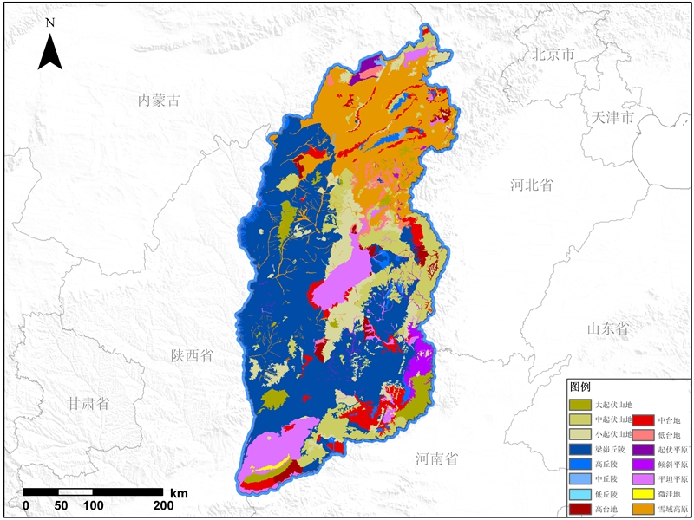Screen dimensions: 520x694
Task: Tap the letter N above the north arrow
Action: tap(50, 22)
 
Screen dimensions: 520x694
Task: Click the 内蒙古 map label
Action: tap(160, 101)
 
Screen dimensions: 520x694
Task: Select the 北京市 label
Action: tap(554, 55)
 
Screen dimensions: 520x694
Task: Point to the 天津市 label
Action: tap(613, 117)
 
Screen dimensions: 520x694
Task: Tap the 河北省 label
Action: tap(532, 185)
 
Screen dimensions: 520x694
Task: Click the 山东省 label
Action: tap(607, 328)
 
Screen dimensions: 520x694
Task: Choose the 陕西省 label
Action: tap(193, 355)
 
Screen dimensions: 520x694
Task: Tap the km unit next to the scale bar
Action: tap(179, 492)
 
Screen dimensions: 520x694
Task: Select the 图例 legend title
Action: tap(579, 387)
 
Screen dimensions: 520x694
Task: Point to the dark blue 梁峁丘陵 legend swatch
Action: tap(579, 449)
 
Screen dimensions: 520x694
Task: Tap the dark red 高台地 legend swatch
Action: tap(579, 509)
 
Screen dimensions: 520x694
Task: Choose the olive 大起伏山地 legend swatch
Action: tap(579, 404)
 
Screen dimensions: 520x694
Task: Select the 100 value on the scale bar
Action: tap(93, 506)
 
